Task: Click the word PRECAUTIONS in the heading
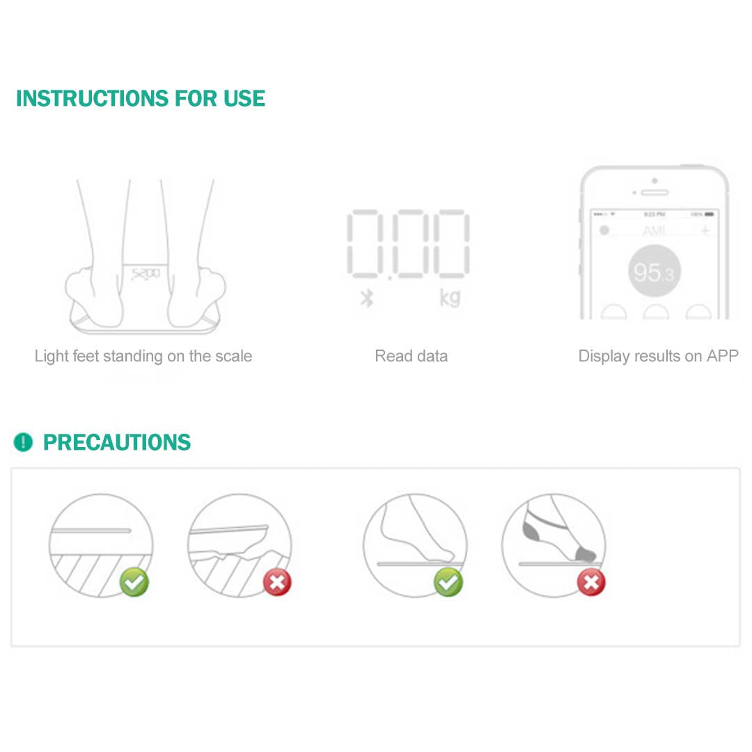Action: click(117, 442)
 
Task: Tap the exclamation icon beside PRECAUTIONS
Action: click(23, 442)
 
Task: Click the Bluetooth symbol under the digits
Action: click(367, 298)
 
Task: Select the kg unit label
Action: click(450, 297)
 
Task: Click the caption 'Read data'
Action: click(411, 357)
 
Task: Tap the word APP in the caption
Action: click(722, 357)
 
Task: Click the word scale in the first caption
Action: click(231, 357)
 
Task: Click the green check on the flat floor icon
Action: click(134, 582)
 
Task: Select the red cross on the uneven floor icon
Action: click(277, 582)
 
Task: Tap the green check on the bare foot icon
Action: click(448, 582)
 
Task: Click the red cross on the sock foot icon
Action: click(591, 582)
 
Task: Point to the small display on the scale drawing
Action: click(145, 274)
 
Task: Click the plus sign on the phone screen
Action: click(705, 230)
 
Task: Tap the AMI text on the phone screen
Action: click(654, 230)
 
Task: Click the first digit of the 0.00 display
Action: click(363, 244)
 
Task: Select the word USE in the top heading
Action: click(244, 98)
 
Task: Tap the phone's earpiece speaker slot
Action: click(654, 192)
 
